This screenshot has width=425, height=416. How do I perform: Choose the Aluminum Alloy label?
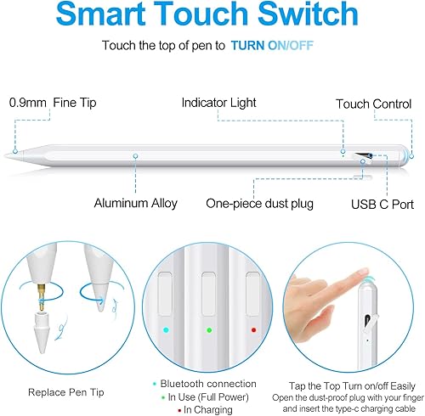pos(137,203)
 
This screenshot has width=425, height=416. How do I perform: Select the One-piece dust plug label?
pos(259,203)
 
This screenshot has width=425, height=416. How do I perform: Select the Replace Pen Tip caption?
pos(67,393)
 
